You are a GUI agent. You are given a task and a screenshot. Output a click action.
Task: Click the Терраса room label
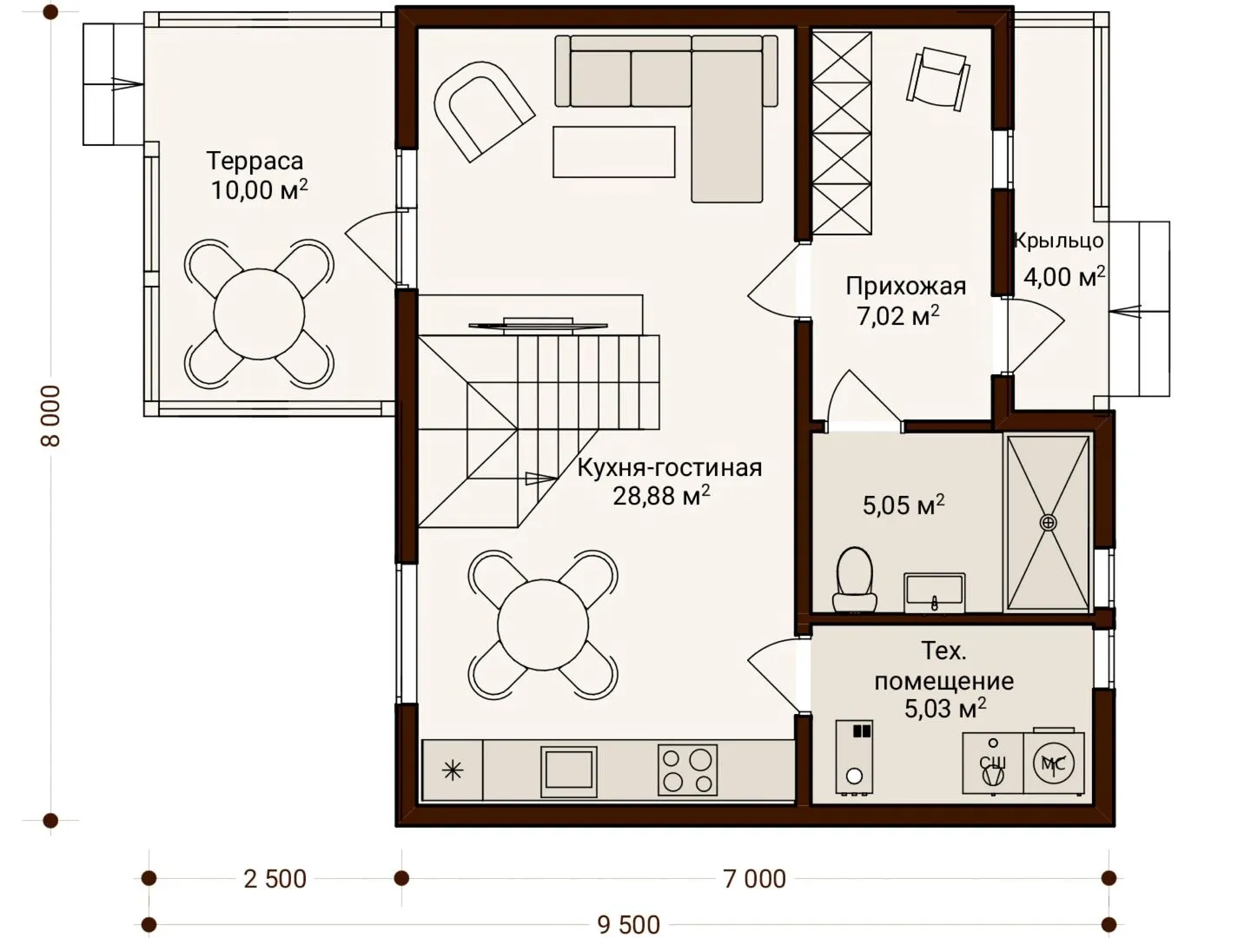255,162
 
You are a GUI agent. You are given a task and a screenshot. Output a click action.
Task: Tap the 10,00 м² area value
259,189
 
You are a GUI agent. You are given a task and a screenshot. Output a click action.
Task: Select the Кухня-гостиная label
670,467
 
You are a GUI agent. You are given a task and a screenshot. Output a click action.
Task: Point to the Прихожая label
905,287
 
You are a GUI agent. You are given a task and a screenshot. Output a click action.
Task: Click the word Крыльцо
1058,241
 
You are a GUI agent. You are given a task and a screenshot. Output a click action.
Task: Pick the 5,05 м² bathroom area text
903,505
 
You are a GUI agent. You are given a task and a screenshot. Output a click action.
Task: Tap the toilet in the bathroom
854,580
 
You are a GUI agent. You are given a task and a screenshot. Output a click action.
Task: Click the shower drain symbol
1048,522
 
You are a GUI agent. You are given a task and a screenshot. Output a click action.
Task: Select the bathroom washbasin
934,593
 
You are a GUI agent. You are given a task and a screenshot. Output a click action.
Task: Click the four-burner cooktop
687,770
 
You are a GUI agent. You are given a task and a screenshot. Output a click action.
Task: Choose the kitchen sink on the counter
568,772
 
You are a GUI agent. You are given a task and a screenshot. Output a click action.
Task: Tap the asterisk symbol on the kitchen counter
453,771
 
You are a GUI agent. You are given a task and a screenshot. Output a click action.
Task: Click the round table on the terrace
259,314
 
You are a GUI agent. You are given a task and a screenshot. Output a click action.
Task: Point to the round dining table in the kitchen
543,624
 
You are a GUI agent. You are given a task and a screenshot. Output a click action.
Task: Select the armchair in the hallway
938,79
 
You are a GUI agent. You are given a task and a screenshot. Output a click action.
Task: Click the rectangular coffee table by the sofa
614,152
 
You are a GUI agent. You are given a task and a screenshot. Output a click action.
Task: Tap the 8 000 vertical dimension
50,416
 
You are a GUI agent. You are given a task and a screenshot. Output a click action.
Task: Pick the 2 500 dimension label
275,879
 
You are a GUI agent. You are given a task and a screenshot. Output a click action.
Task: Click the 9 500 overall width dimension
629,925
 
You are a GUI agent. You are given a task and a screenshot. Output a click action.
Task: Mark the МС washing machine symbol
1053,763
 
